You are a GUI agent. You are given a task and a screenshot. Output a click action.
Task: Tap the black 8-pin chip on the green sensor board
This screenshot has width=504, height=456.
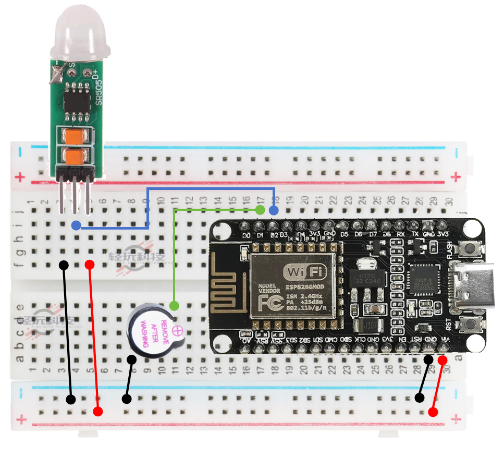pos(77,100)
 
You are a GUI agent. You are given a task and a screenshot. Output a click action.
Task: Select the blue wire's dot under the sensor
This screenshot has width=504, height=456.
pos(76,225)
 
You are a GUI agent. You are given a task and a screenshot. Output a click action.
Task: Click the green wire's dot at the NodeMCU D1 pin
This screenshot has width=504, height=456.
pos(260,210)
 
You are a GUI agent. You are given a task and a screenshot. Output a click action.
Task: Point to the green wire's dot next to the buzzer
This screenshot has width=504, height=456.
pos(175,305)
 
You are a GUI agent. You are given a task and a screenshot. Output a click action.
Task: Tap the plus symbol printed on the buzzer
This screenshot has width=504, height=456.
pos(178,331)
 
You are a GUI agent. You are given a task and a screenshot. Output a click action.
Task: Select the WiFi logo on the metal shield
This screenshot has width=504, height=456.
pos(302,272)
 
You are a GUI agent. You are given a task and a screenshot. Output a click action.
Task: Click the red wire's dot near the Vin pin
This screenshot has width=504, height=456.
pos(442,360)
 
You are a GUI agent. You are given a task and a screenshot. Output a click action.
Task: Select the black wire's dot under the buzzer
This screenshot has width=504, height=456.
pos(132,359)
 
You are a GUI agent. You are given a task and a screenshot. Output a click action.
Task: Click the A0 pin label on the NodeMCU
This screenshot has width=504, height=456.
pos(246,340)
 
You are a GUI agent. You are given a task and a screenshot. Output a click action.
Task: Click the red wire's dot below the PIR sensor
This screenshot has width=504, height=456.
pos(90,265)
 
